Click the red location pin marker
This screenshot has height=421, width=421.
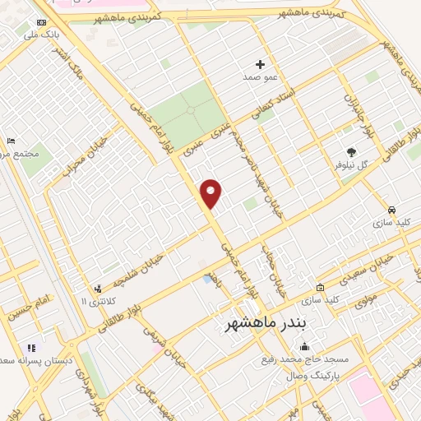tap(211, 194)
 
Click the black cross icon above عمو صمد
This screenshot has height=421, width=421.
tap(261, 63)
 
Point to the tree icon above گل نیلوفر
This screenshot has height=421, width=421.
tap(352, 152)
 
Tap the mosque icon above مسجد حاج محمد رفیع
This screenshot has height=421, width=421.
tap(305, 346)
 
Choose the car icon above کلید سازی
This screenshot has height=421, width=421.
tap(393, 209)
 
